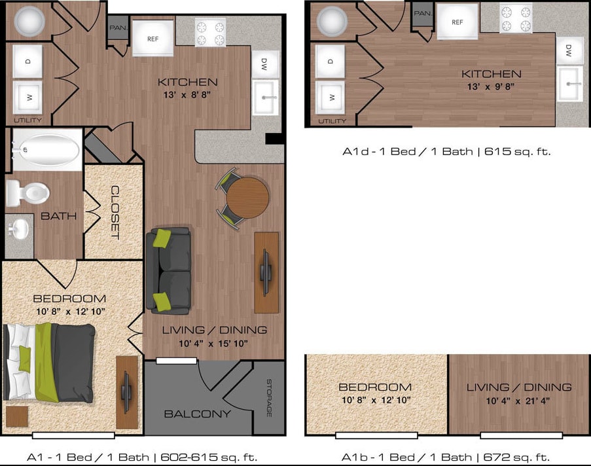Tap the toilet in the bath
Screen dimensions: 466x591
tap(27, 192)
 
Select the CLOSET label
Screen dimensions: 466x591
tap(115, 213)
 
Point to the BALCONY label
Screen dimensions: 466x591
tap(197, 414)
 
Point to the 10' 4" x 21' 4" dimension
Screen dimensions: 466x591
tap(519, 399)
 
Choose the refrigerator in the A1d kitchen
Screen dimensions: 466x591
tap(457, 22)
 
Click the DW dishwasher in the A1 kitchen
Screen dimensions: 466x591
tap(265, 63)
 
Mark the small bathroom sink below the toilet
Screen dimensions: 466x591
tap(19, 228)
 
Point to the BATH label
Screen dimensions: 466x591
tap(59, 215)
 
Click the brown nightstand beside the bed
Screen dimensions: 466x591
tap(16, 416)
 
